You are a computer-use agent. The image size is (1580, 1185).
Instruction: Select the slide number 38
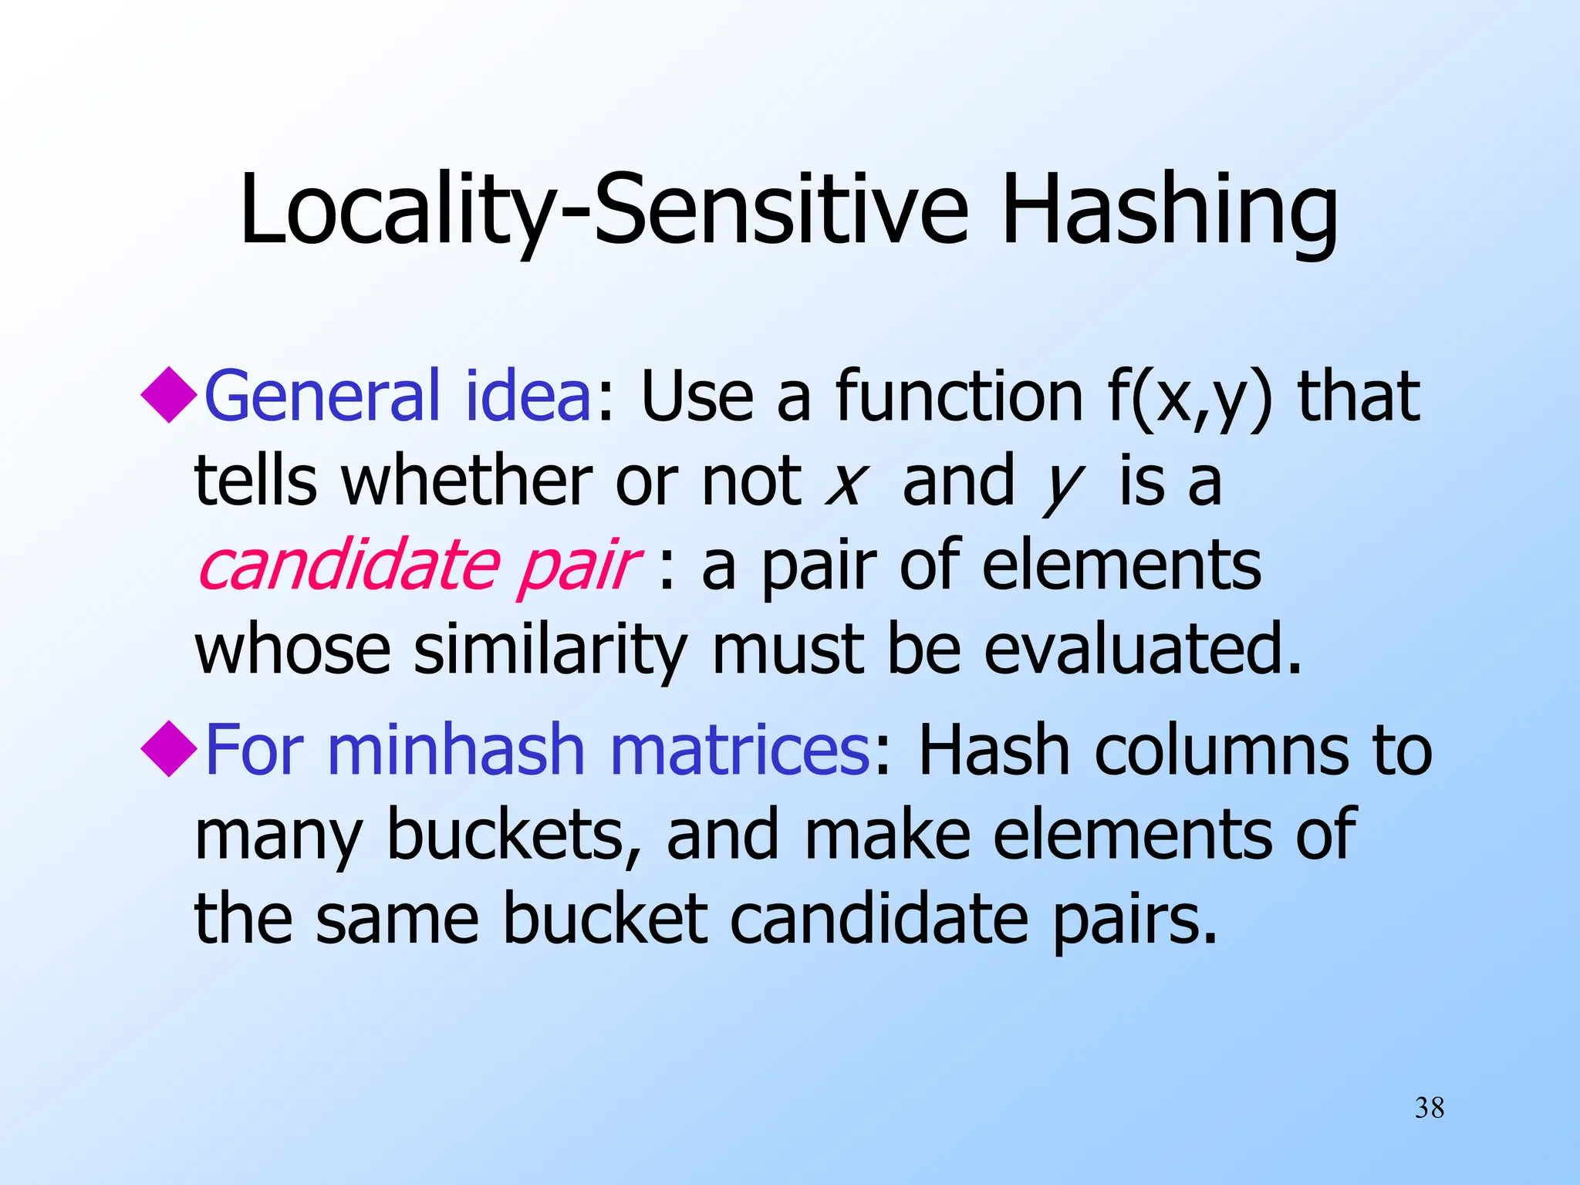point(1430,1109)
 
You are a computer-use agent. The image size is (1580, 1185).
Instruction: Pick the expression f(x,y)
point(1189,398)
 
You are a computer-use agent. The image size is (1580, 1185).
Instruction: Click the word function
point(960,397)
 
